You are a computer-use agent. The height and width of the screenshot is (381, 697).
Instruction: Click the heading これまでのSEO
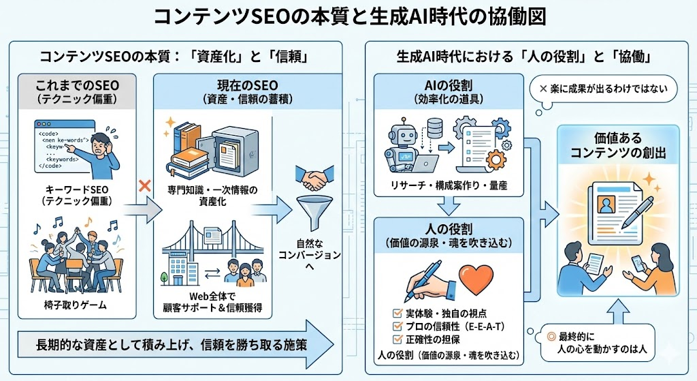coord(76,88)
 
